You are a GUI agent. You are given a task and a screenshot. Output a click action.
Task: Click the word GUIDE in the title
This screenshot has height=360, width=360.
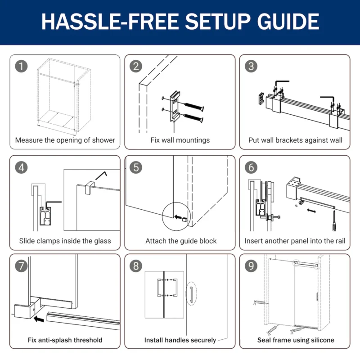click(x=288, y=21)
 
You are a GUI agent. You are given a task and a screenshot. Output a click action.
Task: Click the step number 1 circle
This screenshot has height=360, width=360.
click(x=21, y=66)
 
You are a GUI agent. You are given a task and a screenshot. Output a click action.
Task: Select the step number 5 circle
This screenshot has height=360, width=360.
click(x=136, y=167)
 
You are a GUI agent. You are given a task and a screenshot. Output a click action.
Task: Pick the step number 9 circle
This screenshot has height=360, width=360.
click(x=251, y=266)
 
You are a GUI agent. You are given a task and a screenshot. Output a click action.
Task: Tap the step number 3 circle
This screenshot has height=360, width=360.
click(x=251, y=66)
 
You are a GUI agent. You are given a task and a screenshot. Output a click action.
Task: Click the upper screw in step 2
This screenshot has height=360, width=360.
click(x=193, y=107)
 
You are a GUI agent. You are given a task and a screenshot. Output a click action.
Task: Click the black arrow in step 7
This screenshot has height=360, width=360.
click(x=39, y=319)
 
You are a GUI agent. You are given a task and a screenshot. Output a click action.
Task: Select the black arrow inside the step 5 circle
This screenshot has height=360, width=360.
click(x=178, y=217)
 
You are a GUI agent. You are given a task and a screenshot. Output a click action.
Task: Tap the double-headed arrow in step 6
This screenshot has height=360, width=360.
click(x=311, y=211)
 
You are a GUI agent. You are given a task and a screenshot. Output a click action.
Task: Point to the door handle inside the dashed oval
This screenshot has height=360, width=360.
click(x=191, y=294)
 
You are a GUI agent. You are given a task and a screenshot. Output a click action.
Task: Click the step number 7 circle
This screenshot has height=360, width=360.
click(x=21, y=266)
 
